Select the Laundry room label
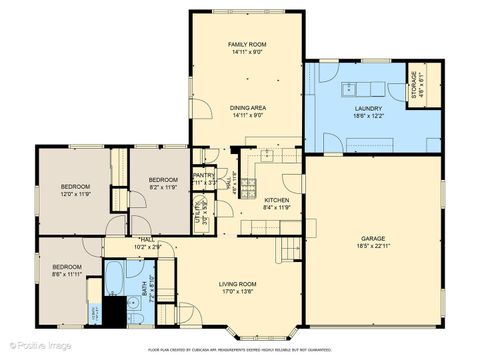(x=368, y=113)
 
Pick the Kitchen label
(x=276, y=203)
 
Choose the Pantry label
(x=203, y=180)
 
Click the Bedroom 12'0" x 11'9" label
(x=75, y=190)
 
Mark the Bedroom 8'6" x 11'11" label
(x=67, y=270)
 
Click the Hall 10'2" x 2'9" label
(x=147, y=243)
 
